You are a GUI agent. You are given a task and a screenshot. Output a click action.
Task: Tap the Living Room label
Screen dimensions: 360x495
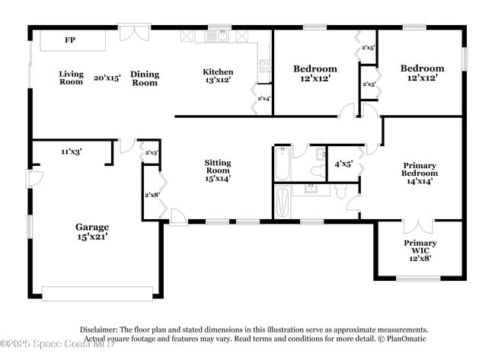tap(71, 78)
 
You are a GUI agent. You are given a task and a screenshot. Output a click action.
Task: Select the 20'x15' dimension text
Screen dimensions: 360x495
tap(107, 78)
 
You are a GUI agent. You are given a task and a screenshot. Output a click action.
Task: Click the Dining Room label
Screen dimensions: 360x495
tap(145, 78)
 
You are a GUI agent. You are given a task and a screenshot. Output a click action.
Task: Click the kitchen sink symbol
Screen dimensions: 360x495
tap(221, 36)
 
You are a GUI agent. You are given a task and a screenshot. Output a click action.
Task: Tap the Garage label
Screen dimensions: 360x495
tap(91, 227)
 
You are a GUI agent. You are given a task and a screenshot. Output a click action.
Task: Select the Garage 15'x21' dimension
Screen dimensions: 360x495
tap(91, 237)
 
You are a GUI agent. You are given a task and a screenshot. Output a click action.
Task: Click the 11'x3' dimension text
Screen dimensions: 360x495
tap(72, 152)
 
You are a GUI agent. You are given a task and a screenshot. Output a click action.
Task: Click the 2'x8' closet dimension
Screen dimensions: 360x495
tap(152, 195)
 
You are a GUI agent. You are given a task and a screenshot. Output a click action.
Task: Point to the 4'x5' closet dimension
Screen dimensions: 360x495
tap(344, 164)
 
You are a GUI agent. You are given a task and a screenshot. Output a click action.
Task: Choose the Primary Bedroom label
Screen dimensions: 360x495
tap(420, 168)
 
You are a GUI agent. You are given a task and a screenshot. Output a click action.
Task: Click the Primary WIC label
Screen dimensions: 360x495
tap(420, 247)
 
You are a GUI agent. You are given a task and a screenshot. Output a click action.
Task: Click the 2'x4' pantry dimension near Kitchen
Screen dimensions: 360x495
tap(263, 98)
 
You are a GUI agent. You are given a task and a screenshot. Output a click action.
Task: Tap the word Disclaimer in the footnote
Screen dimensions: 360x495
tap(101, 330)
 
